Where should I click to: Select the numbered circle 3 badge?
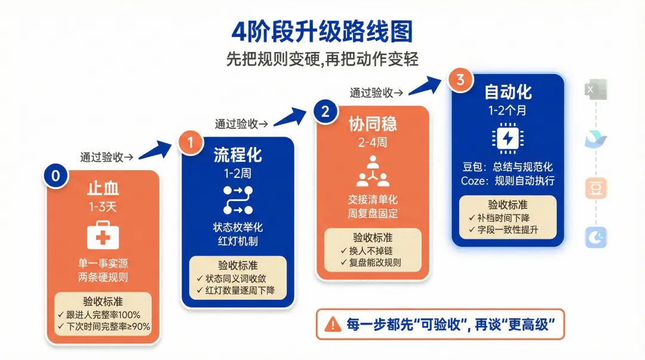(460, 81)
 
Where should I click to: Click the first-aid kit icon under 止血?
(103, 236)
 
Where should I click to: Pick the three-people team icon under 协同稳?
(373, 171)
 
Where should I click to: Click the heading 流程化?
(238, 155)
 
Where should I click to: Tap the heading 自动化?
(508, 93)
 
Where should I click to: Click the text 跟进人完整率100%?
(103, 315)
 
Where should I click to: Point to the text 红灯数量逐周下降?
(238, 290)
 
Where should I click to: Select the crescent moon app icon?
(595, 237)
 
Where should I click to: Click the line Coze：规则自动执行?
(508, 180)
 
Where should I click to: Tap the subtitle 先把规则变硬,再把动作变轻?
(322, 59)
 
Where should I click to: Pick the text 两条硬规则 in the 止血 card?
(103, 277)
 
